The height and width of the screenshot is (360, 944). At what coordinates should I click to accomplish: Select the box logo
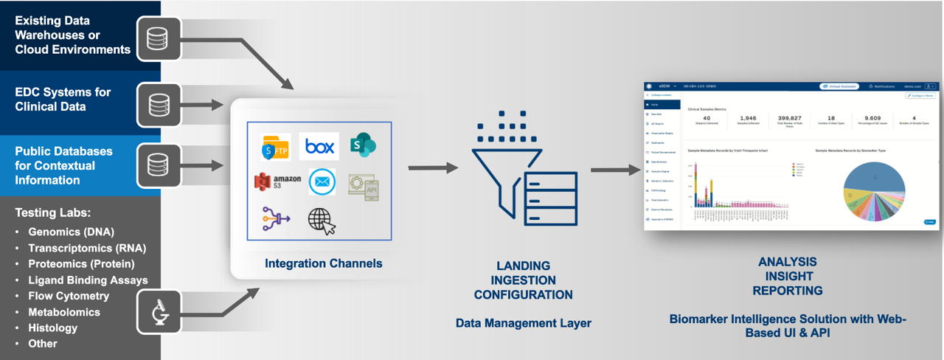tap(319, 146)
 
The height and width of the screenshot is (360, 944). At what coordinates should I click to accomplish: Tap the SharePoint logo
tap(363, 145)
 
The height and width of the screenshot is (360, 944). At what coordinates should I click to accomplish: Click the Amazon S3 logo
tap(277, 181)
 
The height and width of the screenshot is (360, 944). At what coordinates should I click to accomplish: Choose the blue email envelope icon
tap(322, 181)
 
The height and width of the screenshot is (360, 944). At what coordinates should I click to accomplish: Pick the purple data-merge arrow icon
tap(275, 218)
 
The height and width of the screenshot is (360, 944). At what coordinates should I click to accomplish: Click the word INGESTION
tap(523, 280)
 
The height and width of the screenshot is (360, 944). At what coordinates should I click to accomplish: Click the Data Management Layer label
tap(523, 322)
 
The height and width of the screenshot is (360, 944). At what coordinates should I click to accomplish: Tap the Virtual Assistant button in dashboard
tap(839, 86)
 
